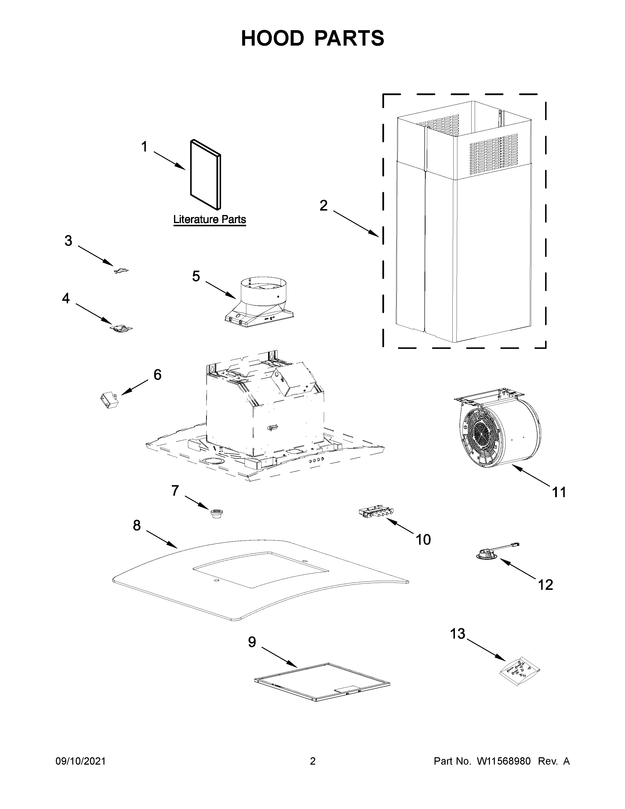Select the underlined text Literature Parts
[x=210, y=219]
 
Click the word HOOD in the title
[x=272, y=38]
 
